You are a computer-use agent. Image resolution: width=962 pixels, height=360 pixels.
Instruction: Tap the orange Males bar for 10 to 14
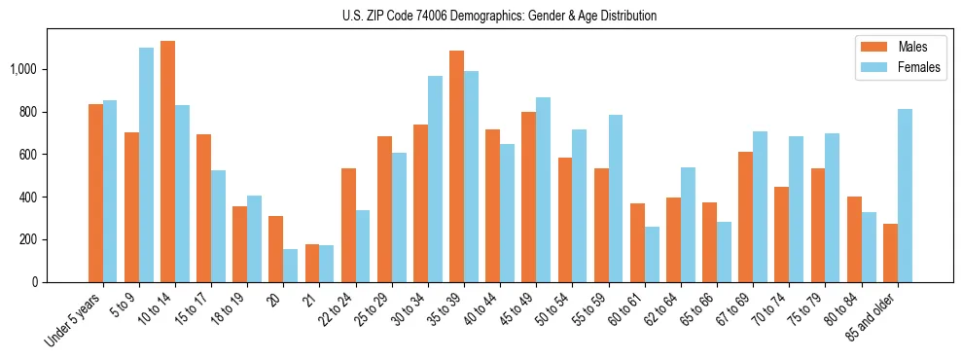(x=167, y=162)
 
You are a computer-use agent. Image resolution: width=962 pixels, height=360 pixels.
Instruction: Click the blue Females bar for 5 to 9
(x=146, y=165)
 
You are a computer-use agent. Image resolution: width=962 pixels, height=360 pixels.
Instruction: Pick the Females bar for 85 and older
(x=905, y=196)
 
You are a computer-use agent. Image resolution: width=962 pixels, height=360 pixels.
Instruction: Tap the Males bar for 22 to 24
(x=348, y=225)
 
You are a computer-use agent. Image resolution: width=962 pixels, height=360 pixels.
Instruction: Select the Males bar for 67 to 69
(x=745, y=217)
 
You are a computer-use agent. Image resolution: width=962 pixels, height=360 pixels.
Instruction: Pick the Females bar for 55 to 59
(x=616, y=198)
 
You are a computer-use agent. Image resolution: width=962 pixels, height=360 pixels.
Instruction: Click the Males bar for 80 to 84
(x=853, y=239)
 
